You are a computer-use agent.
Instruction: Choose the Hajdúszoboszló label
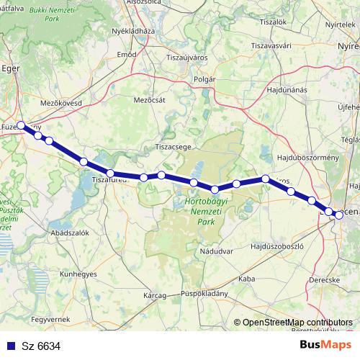click(271, 246)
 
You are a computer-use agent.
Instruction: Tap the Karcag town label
click(156, 295)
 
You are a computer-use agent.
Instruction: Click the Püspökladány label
click(204, 294)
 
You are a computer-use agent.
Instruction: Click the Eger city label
click(11, 70)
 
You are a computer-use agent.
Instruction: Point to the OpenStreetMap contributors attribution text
click(297, 323)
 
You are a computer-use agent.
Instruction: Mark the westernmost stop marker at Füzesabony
click(22, 125)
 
